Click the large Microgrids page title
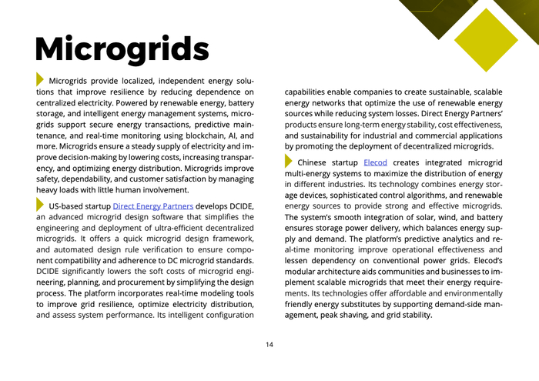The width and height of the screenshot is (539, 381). tap(122, 48)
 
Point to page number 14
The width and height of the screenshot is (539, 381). tap(269, 344)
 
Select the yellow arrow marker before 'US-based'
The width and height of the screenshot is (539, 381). tap(40, 205)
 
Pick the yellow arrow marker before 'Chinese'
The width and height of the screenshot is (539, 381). tap(289, 162)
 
